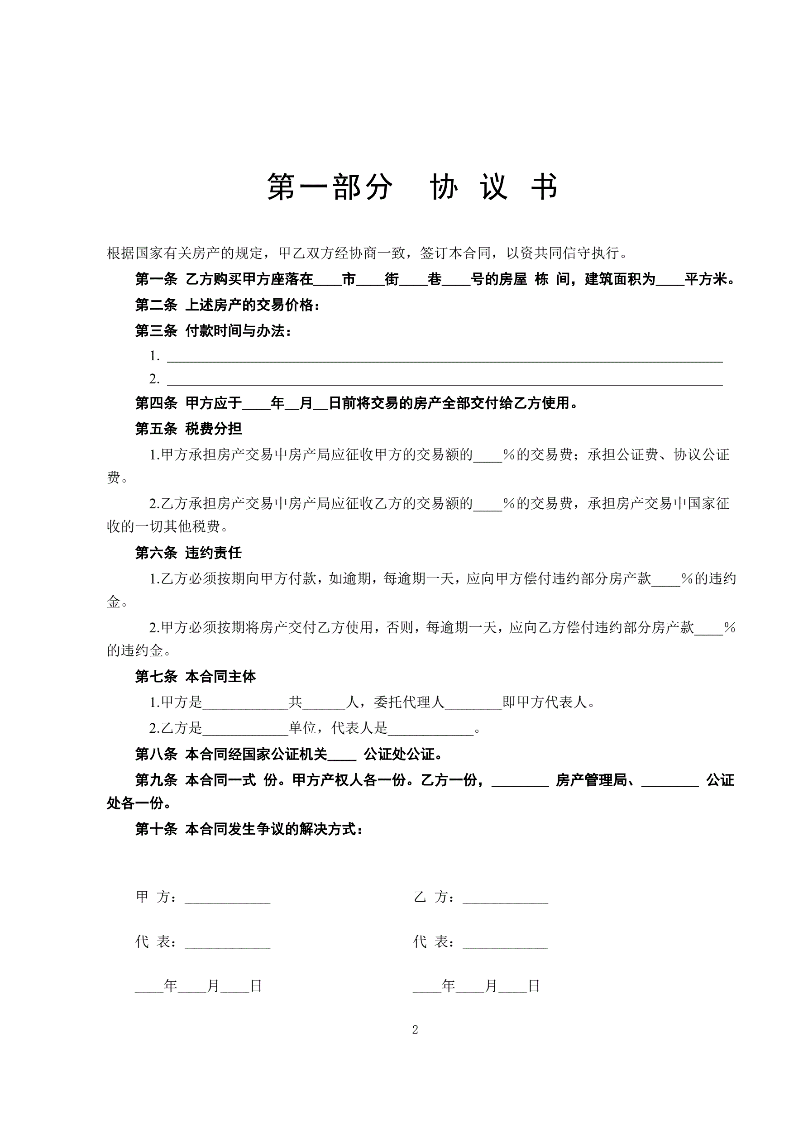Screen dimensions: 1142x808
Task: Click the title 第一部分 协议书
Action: point(412,187)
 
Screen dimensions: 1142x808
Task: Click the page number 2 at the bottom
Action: point(415,1030)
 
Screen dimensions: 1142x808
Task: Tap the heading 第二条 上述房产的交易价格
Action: point(227,305)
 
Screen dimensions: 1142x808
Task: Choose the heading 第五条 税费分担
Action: point(189,429)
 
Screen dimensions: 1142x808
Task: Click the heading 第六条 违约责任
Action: point(189,553)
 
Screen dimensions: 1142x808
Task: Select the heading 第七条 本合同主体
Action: point(196,676)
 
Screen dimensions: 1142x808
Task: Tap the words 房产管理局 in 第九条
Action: point(591,780)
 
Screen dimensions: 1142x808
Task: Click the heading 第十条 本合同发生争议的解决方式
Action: point(249,829)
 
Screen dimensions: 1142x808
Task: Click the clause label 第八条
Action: point(156,755)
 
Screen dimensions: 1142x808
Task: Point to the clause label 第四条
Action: point(156,403)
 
